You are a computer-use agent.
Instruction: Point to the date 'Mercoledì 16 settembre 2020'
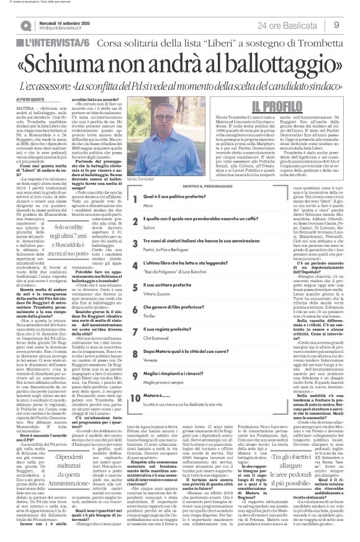tap(63, 22)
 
